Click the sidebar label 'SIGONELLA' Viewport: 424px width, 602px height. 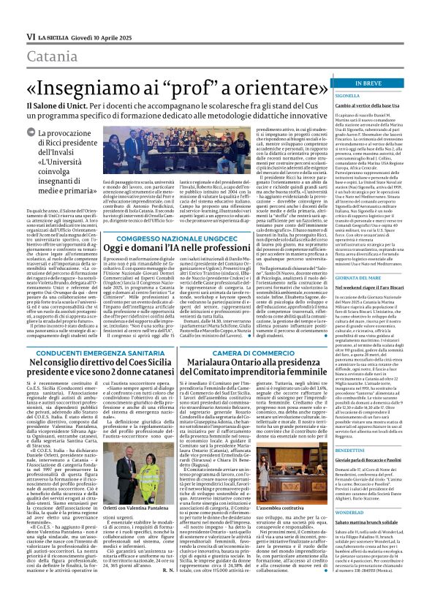click(x=348, y=95)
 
